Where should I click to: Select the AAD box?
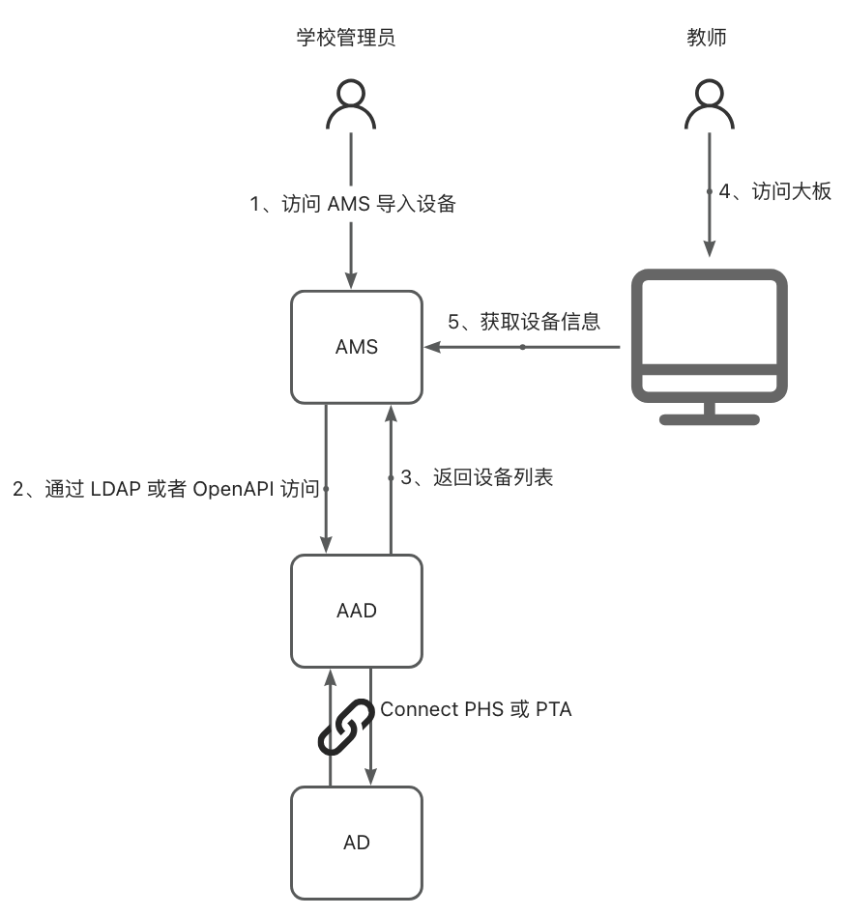click(357, 611)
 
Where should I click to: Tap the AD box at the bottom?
click(357, 843)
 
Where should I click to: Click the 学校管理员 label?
click(346, 39)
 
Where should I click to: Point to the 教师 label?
click(707, 39)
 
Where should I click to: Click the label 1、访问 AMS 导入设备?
click(352, 204)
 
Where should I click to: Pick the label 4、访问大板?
click(775, 191)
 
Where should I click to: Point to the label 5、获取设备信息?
click(523, 322)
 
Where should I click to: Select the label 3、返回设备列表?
click(477, 477)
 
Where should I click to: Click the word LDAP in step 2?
click(116, 489)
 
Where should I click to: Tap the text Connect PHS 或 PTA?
click(476, 709)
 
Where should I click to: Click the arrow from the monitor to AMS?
click(522, 347)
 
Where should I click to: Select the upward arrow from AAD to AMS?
click(391, 478)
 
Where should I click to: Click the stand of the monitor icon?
click(709, 413)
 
